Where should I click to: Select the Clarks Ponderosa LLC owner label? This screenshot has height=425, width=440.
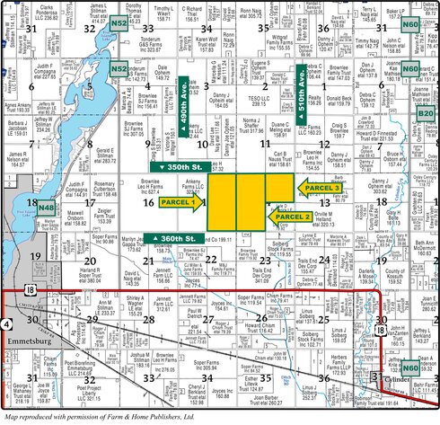pos(57,12)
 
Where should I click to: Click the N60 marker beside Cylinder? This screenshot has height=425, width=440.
pos(410,367)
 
